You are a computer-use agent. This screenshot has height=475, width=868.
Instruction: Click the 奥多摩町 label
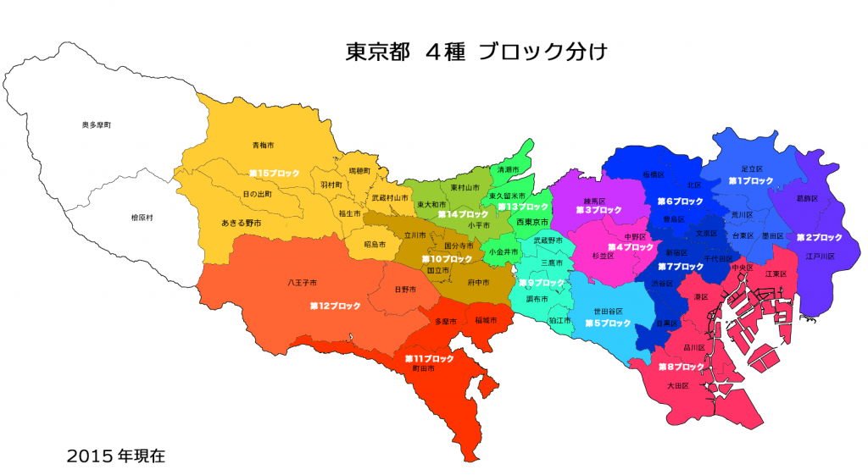(x=97, y=124)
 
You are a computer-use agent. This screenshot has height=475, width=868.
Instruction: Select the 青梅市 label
(x=263, y=146)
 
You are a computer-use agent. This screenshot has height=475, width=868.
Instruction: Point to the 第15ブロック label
(x=274, y=173)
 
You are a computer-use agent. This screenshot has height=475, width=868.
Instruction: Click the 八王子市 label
(x=302, y=282)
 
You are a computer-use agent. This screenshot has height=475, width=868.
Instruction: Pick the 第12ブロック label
(x=335, y=305)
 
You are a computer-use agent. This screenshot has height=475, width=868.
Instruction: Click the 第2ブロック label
(x=819, y=237)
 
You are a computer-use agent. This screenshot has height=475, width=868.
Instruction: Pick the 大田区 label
(x=677, y=385)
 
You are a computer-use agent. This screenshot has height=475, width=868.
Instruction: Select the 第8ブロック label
(x=682, y=367)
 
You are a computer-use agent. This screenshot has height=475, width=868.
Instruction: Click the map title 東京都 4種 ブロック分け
(x=476, y=52)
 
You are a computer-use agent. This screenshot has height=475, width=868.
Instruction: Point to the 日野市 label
(x=405, y=290)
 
